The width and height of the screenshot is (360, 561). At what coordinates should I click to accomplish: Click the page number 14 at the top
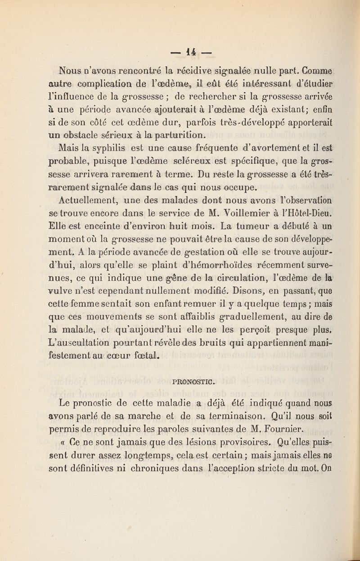(180, 44)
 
